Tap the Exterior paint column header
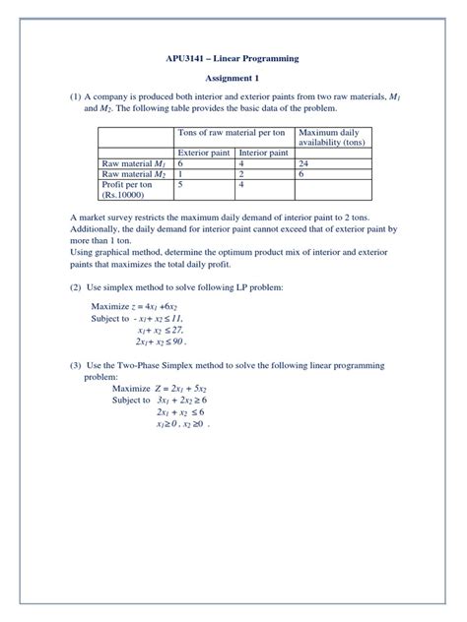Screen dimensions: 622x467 coord(205,153)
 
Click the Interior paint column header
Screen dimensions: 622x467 coord(264,153)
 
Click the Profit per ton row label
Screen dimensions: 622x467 coord(128,185)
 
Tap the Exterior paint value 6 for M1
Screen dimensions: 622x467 coord(179,163)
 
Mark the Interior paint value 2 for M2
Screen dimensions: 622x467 coord(241,174)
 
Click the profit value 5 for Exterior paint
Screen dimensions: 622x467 coord(179,185)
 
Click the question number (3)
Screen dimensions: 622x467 coord(75,367)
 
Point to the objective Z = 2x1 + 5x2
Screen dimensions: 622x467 coord(193,389)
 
